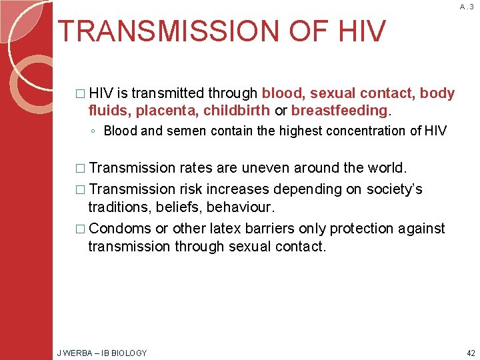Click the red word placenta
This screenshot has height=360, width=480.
tap(167, 110)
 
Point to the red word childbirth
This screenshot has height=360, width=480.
tap(237, 110)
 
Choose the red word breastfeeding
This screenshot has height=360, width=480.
tap(339, 110)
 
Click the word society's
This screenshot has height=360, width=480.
tap(390, 189)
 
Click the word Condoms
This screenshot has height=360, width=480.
tap(120, 228)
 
